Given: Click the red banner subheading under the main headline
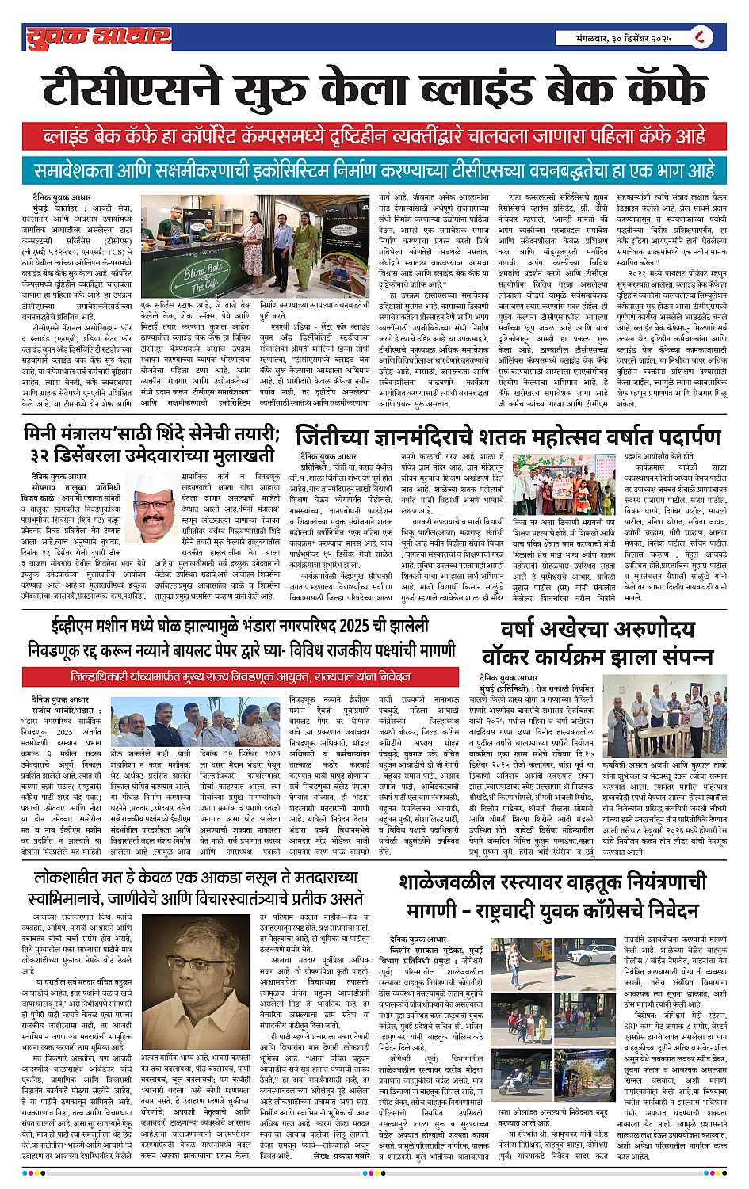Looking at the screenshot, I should click(374, 135).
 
